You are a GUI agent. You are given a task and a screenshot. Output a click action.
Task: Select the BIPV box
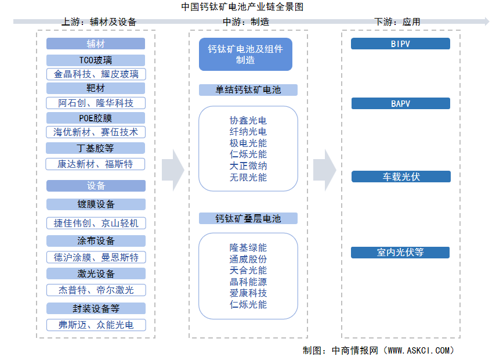coord(400,44)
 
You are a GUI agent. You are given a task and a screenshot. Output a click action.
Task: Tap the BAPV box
coord(400,103)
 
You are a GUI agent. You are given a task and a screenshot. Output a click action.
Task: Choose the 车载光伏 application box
coord(401,177)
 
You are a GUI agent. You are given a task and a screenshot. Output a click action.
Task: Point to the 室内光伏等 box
coord(400,253)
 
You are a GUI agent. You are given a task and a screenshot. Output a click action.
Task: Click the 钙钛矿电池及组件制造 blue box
coord(245,55)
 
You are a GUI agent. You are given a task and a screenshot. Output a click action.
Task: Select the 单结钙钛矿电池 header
coord(248,90)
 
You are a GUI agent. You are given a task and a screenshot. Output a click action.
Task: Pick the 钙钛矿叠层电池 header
coord(248,218)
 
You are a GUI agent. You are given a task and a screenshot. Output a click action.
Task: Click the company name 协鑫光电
coord(248,121)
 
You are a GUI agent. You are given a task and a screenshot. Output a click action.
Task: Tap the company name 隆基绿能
coord(248,248)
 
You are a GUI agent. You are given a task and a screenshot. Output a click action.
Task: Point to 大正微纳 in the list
coord(248,166)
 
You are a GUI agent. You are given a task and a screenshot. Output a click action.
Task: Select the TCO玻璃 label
coord(96,60)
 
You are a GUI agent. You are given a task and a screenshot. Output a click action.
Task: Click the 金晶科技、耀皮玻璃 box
coord(96,74)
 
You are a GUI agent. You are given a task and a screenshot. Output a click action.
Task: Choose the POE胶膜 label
coord(96,118)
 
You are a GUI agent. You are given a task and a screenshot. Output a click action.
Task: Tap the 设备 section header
coord(96,186)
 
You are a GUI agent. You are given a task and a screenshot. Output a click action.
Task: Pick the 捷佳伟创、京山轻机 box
coord(96,224)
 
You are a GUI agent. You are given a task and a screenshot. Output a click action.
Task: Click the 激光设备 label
coord(96,274)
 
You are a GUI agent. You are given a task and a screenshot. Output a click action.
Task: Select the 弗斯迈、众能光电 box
coord(96,325)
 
